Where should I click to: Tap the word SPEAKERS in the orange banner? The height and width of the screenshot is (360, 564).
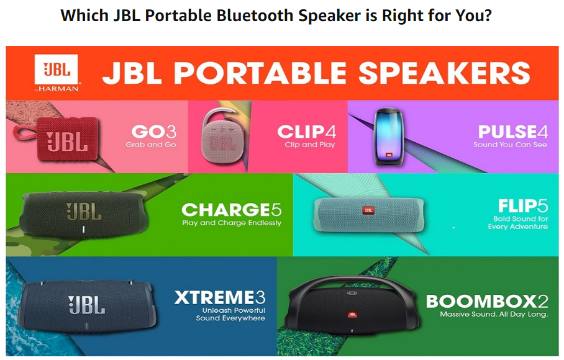point(444,73)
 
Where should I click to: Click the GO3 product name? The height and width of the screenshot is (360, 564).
point(154,132)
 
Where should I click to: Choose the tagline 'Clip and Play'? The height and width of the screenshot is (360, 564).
point(310,145)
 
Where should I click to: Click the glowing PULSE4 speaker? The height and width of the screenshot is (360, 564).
point(389,137)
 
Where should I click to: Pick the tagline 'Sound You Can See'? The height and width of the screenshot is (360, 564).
point(510,145)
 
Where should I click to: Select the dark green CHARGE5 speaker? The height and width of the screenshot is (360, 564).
point(84,214)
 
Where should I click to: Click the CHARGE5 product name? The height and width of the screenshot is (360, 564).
point(232,210)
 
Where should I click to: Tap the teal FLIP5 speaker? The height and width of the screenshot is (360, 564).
point(369,215)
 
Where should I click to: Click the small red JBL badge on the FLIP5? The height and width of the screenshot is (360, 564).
point(368,210)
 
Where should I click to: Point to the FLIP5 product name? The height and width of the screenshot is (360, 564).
point(523,206)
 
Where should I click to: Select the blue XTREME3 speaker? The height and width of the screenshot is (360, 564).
point(88,306)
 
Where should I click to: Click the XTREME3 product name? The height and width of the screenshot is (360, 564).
point(220,297)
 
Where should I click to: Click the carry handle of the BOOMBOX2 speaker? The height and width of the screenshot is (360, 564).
point(353,282)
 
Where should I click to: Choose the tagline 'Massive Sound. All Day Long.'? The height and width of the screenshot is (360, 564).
point(494,314)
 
